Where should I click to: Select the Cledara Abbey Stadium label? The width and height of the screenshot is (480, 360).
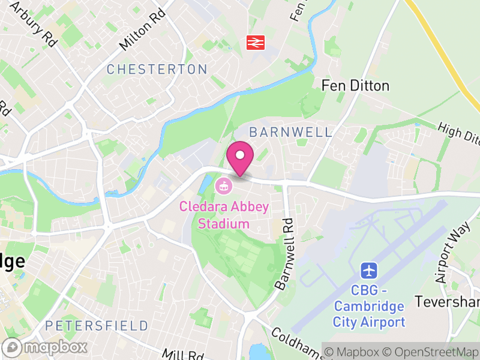[224, 215]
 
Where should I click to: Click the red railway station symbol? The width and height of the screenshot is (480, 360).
[256, 42]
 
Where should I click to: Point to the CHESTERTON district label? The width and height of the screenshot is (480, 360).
[157, 70]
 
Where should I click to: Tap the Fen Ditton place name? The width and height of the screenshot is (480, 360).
[355, 86]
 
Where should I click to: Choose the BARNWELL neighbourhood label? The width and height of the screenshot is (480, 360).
[290, 132]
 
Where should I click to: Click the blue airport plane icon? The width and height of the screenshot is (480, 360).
[369, 271]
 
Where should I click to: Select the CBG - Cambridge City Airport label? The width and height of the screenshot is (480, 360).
[369, 307]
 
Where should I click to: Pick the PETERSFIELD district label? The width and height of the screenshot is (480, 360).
[96, 326]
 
